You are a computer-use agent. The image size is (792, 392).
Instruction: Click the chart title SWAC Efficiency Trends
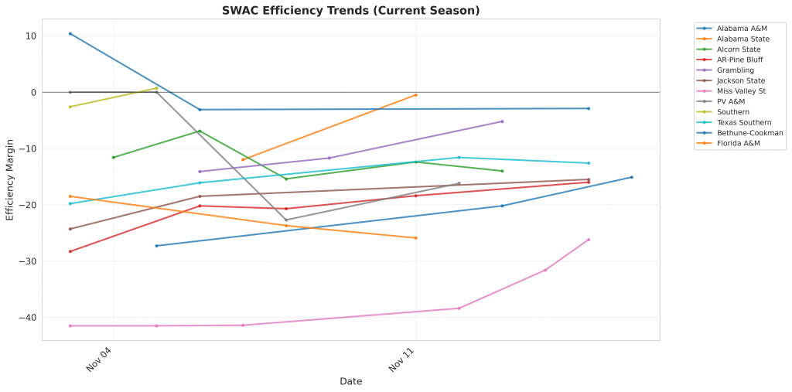[350, 10]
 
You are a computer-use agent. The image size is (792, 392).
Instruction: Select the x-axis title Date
[350, 381]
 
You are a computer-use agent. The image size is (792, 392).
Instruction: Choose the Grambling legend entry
[735, 70]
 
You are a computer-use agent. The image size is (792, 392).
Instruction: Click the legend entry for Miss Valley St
[741, 91]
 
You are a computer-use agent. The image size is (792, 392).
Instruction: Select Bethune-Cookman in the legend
[749, 133]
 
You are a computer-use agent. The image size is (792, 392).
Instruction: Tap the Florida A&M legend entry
[739, 144]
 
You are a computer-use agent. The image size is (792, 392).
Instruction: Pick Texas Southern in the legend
[743, 122]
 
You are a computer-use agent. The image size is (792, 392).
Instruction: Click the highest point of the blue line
[70, 33]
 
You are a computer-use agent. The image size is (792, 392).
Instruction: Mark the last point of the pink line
[589, 240]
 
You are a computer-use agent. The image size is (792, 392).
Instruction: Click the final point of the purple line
[502, 121]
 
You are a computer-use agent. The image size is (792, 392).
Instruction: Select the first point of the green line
[114, 158]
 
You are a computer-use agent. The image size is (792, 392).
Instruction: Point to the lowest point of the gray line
[286, 220]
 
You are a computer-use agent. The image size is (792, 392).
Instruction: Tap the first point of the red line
[70, 251]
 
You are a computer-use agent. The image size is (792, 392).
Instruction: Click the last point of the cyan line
[589, 163]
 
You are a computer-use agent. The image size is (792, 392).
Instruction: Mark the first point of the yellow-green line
[70, 107]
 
